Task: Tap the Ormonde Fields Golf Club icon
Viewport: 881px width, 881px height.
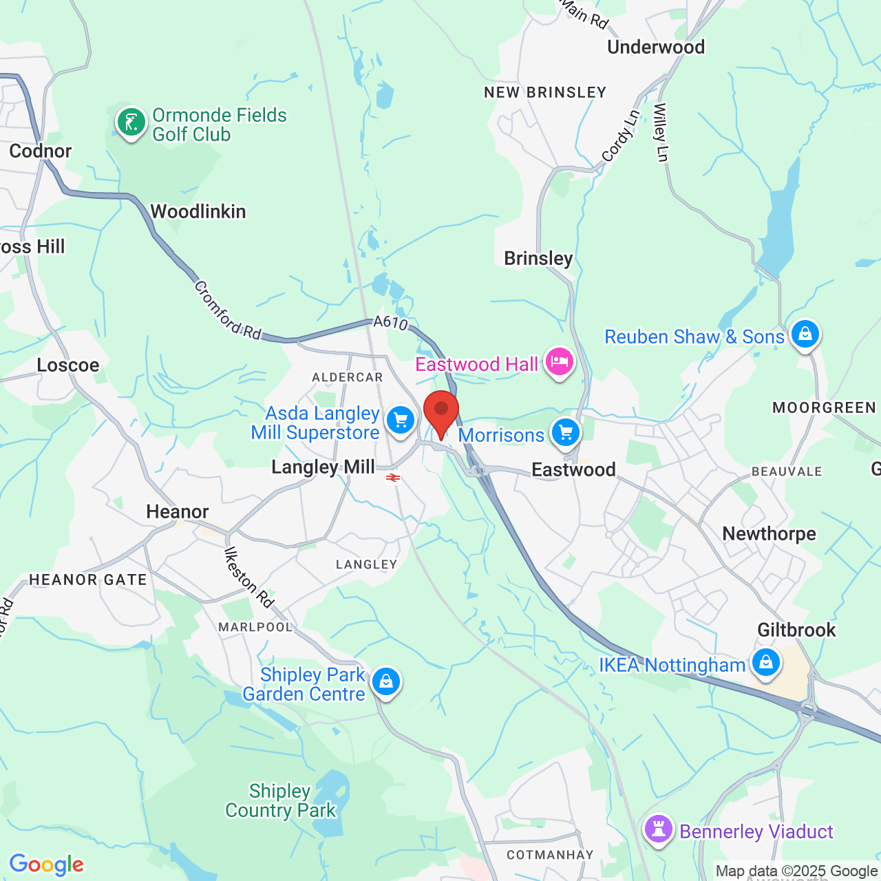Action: (131, 123)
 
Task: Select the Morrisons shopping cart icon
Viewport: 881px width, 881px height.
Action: (566, 433)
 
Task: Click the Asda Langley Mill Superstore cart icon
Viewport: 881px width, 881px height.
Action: (400, 419)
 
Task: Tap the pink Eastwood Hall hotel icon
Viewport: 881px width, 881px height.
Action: (559, 361)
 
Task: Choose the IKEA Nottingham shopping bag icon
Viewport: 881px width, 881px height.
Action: (765, 663)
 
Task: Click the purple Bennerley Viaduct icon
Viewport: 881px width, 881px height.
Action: (659, 829)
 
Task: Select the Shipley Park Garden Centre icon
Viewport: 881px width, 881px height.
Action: (385, 681)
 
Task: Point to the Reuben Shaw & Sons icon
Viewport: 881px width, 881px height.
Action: (805, 335)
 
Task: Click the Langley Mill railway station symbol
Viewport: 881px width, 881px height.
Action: (393, 477)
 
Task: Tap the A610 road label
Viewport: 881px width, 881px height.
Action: (390, 322)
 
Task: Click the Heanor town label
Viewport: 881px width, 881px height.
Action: (178, 511)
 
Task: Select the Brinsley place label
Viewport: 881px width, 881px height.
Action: (538, 258)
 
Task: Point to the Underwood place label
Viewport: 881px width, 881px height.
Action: (656, 47)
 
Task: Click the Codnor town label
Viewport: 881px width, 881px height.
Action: (41, 151)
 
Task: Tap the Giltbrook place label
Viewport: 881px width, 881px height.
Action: (796, 630)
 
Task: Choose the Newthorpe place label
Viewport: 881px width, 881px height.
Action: (769, 533)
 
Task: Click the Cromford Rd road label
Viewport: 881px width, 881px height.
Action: (228, 310)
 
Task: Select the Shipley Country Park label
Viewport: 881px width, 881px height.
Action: (280, 800)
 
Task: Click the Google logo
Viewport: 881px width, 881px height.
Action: (47, 864)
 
